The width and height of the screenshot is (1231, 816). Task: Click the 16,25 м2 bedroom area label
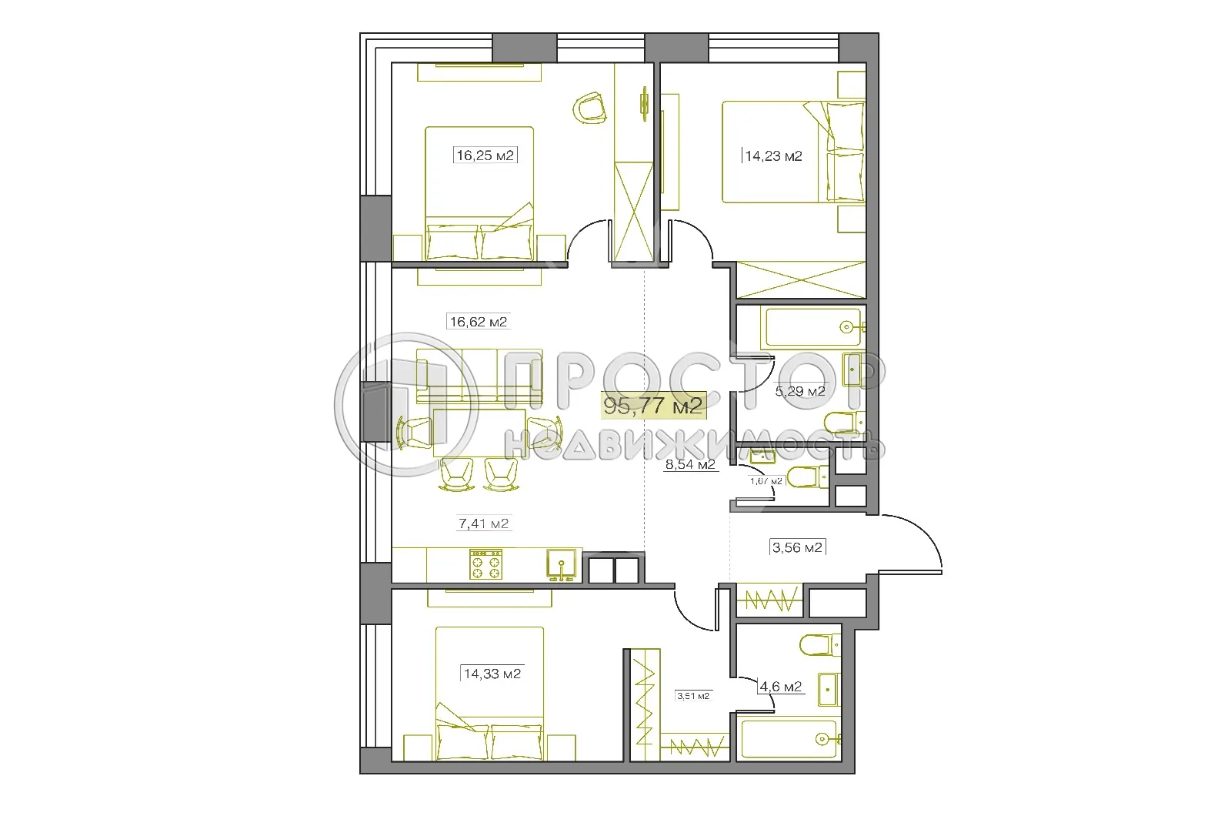pos(485,156)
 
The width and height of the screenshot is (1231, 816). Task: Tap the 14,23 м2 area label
pos(773,156)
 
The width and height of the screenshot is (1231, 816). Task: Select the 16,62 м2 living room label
pos(478,322)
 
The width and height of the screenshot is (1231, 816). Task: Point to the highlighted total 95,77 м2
pos(653,406)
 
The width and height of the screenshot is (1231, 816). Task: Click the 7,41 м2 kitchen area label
pos(483,524)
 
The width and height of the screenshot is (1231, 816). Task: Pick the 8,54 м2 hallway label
pos(689,464)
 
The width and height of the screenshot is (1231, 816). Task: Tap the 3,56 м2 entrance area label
pos(797,548)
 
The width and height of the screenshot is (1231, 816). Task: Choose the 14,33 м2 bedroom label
pos(492,674)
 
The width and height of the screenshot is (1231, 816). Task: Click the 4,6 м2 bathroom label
pos(780,687)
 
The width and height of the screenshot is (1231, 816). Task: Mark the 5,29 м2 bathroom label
pos(800,391)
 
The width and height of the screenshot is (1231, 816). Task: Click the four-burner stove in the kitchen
pos(485,564)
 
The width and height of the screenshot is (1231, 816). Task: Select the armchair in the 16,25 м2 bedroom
pos(590,107)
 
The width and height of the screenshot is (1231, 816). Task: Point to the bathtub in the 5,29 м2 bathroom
pos(811,326)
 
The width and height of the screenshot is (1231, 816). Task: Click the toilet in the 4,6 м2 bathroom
pos(815,644)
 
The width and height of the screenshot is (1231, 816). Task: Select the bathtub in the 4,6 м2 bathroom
pos(789,739)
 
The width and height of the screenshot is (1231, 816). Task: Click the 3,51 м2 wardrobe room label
pos(692,696)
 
